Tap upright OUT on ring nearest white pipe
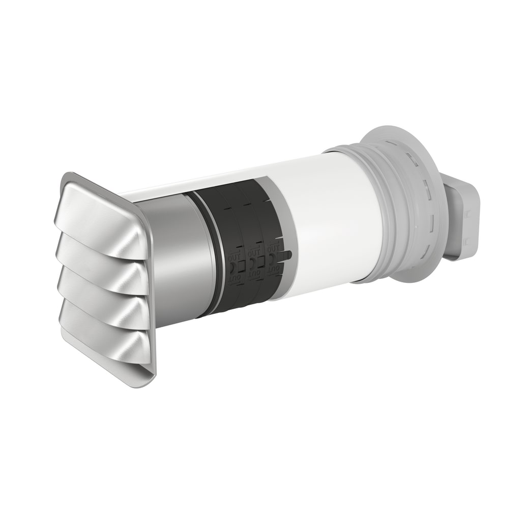point(273,248)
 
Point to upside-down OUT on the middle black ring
point(255,274)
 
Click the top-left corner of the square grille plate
point(66,176)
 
